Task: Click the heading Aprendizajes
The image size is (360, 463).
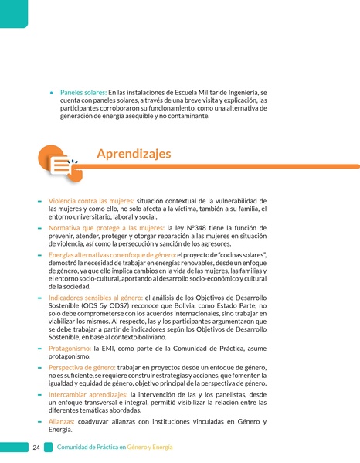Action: pos(134,154)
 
